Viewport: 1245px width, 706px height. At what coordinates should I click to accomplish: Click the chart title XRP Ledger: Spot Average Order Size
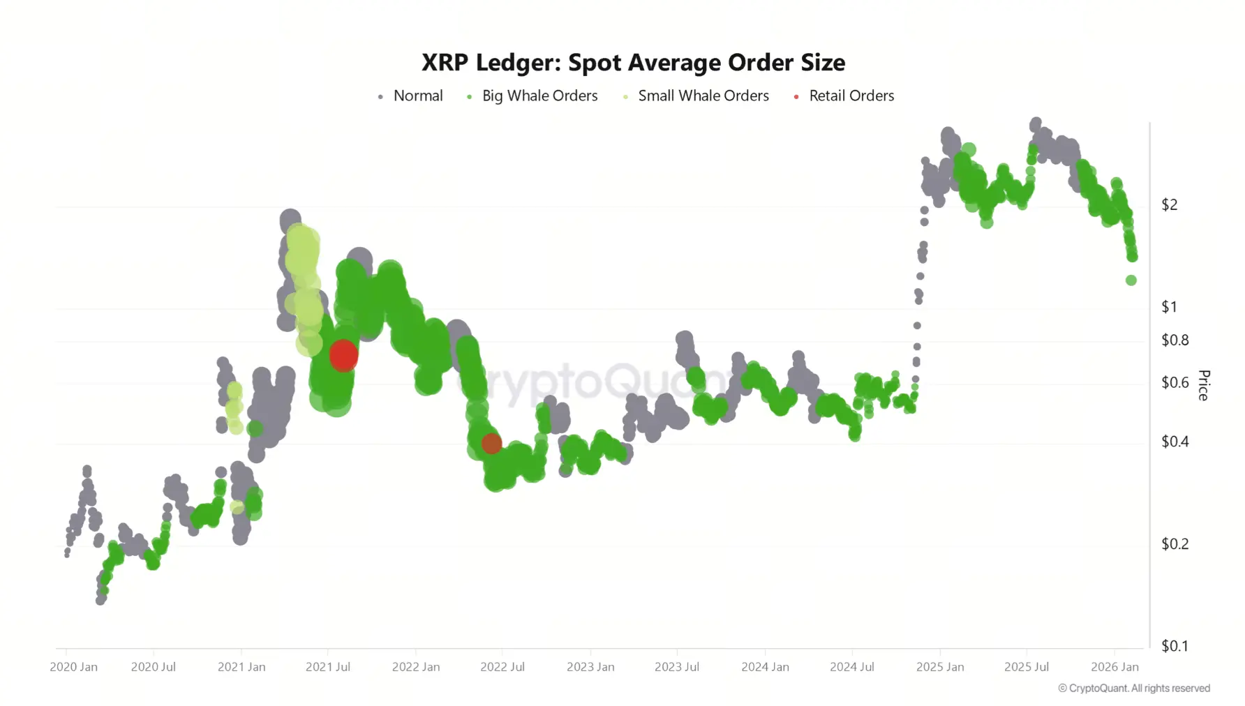633,63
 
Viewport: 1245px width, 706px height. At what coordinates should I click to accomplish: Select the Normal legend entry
417,96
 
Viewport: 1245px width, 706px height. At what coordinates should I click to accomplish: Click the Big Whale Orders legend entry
539,96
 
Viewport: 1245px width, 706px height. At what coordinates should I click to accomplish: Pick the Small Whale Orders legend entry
703,96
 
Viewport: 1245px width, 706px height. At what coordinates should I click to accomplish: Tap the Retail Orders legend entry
851,96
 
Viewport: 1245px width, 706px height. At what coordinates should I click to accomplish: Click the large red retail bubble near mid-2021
343,355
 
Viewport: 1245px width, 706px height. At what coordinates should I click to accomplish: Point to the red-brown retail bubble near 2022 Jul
491,444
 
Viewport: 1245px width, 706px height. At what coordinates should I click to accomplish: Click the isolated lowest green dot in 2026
1131,280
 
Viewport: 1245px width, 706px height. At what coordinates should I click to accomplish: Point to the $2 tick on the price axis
1169,204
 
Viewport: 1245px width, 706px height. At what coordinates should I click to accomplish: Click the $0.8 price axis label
1175,340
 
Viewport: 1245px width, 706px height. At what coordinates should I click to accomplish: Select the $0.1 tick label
1175,646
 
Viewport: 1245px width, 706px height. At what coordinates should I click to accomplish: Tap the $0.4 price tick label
1175,442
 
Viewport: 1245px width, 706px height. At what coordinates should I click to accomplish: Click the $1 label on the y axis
1169,306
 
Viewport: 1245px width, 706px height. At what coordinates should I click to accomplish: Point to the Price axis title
1204,385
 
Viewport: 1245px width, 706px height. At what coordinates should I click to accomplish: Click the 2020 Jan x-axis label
73,667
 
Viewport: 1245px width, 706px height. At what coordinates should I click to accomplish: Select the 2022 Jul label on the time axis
502,667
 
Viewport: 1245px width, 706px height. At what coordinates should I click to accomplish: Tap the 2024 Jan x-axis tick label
765,667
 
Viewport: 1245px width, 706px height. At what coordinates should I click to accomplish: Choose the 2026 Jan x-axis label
1114,667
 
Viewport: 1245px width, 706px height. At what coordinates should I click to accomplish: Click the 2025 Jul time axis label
1026,667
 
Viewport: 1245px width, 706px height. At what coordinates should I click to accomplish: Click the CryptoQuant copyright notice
1134,689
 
